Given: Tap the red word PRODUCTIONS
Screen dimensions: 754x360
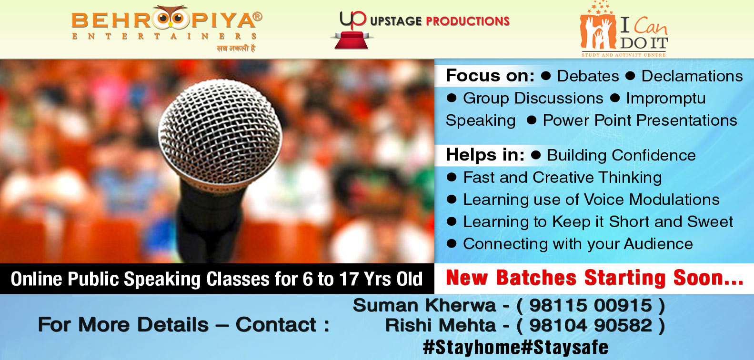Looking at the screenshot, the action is [x=468, y=21].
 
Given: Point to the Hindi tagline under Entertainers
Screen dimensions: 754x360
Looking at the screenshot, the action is [x=236, y=49].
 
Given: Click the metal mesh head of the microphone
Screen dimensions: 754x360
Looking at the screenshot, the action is [x=220, y=131].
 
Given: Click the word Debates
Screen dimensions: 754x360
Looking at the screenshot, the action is [x=588, y=76].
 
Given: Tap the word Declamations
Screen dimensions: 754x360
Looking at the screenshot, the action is [x=692, y=76].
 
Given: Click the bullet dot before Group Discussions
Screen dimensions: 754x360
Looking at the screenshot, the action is [x=452, y=98].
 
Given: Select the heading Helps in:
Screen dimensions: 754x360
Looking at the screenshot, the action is [x=485, y=155].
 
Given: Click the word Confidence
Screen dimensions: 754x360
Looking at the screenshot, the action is [x=653, y=155].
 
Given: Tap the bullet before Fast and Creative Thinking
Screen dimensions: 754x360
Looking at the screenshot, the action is [x=452, y=177].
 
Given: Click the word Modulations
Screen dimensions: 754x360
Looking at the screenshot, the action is [x=674, y=200].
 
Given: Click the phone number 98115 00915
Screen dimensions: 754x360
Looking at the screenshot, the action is [x=591, y=306].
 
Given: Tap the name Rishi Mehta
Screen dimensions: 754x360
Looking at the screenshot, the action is [x=440, y=325].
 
